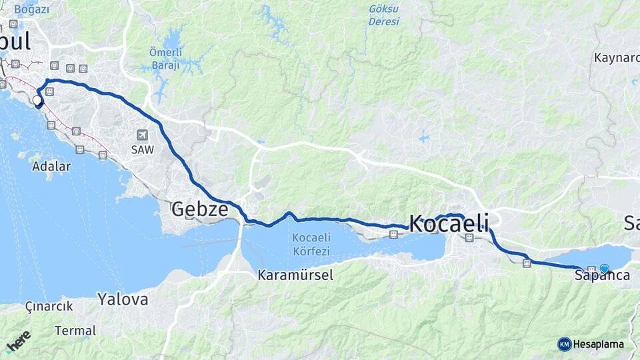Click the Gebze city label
click(200, 209)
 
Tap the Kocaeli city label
click(448, 223)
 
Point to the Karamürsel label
click(295, 275)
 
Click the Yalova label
click(123, 299)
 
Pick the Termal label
click(75, 331)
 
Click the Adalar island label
click(51, 167)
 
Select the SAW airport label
click(142, 150)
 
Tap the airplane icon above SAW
click(142, 135)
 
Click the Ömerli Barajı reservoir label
click(164, 59)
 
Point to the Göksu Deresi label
click(384, 15)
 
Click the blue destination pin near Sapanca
click(604, 269)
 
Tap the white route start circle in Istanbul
click(37, 100)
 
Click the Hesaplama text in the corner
click(599, 344)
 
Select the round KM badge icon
click(565, 344)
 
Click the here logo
click(18, 341)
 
